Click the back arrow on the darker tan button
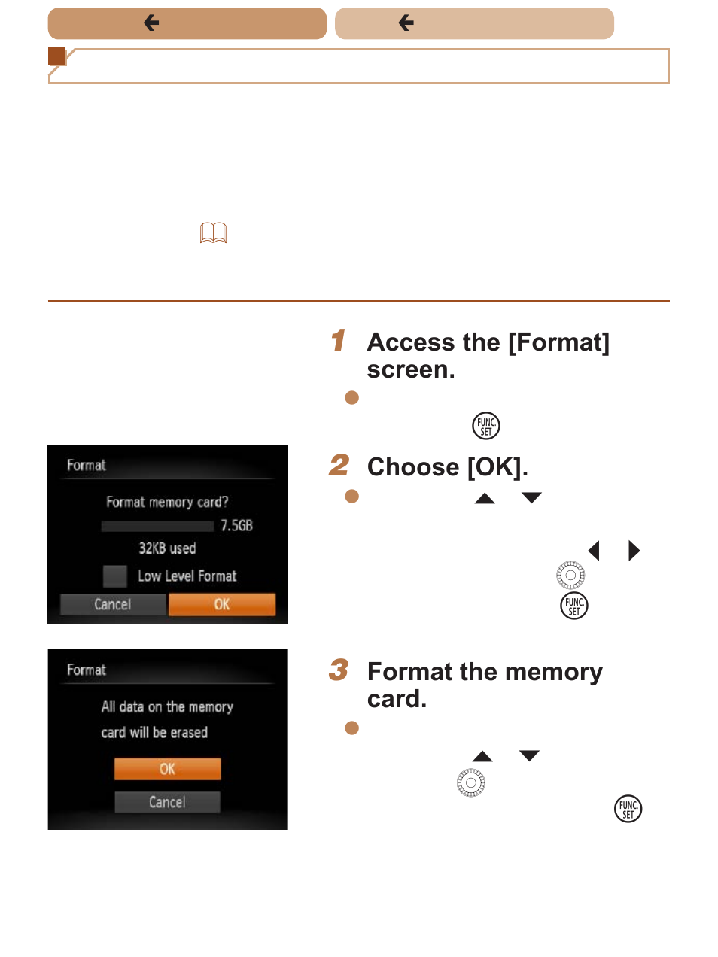[151, 23]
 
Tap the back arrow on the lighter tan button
[406, 23]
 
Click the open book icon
[213, 232]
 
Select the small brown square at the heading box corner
[56, 56]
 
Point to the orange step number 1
[338, 339]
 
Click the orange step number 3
[339, 670]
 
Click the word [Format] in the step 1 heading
[559, 342]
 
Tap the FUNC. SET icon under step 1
[485, 426]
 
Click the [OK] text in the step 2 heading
[497, 467]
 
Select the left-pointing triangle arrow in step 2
[593, 550]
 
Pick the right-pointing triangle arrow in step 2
[634, 550]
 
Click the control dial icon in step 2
[570, 575]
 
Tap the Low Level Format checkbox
[115, 576]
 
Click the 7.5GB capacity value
[236, 525]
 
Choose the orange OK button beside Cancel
[222, 604]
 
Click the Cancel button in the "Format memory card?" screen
[113, 604]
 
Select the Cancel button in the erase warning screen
[167, 802]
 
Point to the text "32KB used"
[167, 548]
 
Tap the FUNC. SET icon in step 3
[628, 808]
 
